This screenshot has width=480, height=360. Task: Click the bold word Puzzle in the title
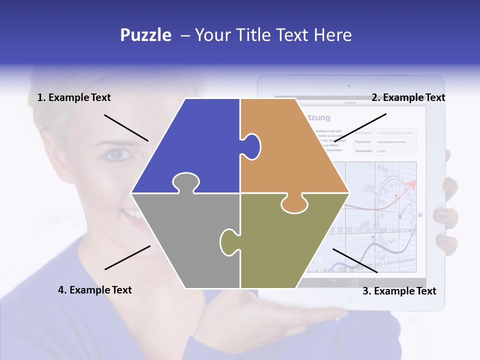point(145,35)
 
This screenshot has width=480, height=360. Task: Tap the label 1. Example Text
point(74,97)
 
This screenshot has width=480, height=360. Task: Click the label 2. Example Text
point(408,97)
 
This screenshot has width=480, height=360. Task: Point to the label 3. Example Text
point(399,291)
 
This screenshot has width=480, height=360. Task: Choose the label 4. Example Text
point(95,290)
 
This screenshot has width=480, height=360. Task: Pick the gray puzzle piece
point(185,240)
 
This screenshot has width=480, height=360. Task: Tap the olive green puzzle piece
point(290,245)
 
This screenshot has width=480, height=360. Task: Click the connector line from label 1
point(126,128)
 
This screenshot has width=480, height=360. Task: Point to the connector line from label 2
point(360,128)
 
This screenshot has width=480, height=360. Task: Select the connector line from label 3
point(354,260)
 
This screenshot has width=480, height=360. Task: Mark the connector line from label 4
point(127,257)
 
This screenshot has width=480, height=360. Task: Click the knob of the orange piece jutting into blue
point(252,146)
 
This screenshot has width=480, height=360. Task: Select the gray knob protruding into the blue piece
point(185,182)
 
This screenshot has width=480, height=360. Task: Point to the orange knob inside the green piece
point(294,203)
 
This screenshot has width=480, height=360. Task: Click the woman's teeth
point(131,214)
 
